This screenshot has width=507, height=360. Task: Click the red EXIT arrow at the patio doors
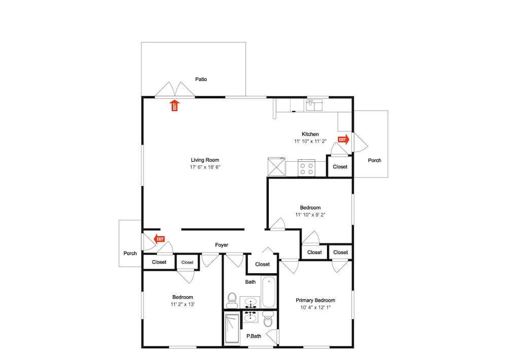[x=174, y=105]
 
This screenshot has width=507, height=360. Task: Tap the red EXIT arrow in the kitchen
[x=343, y=139]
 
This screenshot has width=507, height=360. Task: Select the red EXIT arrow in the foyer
[x=159, y=239]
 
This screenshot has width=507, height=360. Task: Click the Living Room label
[x=205, y=160]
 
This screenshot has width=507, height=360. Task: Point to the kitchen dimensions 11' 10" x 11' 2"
[x=310, y=141]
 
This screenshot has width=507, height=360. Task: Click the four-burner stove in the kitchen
[x=306, y=168]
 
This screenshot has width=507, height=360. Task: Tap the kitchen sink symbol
[x=314, y=105]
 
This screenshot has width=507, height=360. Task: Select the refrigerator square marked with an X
[x=276, y=167]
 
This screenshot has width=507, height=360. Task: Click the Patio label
[x=201, y=79]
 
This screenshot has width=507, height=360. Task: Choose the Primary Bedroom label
[x=315, y=300]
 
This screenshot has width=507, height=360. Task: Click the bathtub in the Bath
[x=269, y=292]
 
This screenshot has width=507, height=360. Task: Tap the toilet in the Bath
[x=232, y=301]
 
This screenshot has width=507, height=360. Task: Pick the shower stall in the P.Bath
[x=232, y=329]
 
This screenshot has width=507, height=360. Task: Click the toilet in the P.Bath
[x=268, y=319]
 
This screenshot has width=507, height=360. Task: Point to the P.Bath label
[x=254, y=336]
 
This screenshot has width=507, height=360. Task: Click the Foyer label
[x=222, y=245]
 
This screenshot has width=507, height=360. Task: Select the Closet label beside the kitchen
[x=340, y=167]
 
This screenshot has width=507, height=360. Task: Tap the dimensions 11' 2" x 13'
[x=183, y=304]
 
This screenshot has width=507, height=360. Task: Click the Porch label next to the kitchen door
[x=375, y=160]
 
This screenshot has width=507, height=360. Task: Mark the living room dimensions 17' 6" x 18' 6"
[x=205, y=167]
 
